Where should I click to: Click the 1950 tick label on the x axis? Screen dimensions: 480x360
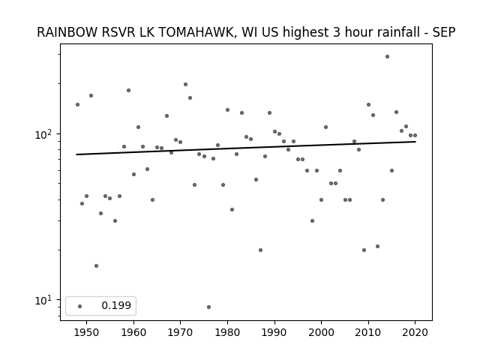(x=87, y=332)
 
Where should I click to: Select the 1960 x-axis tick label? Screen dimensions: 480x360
(x=133, y=332)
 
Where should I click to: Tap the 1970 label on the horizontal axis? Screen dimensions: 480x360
(x=180, y=332)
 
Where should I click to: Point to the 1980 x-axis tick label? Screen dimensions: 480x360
(x=227, y=332)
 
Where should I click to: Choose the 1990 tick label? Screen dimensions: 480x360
(x=274, y=332)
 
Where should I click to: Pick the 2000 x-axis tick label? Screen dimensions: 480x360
(x=321, y=332)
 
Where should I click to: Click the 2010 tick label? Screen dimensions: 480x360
(x=368, y=332)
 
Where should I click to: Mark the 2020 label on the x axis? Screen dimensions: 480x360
(x=415, y=332)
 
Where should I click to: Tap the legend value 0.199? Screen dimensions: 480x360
(x=116, y=305)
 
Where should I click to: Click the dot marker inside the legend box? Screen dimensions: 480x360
(x=80, y=306)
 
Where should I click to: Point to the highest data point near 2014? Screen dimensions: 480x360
(x=387, y=57)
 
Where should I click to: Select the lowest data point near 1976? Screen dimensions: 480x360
(x=208, y=307)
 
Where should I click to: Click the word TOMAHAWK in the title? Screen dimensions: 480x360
(x=196, y=32)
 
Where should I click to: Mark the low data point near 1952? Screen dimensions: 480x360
(x=97, y=265)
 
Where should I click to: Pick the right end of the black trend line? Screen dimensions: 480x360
(x=415, y=142)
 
